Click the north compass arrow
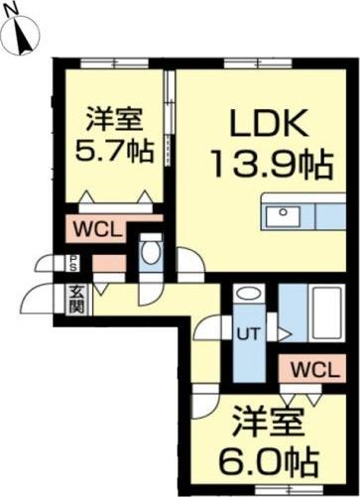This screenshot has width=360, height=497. click(25, 37)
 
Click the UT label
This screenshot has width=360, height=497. click(247, 333)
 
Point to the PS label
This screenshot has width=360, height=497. click(74, 264)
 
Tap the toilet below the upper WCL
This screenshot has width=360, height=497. click(150, 253)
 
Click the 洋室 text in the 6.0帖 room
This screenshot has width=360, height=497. click(268, 421)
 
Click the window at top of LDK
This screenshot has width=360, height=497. click(244, 63)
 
